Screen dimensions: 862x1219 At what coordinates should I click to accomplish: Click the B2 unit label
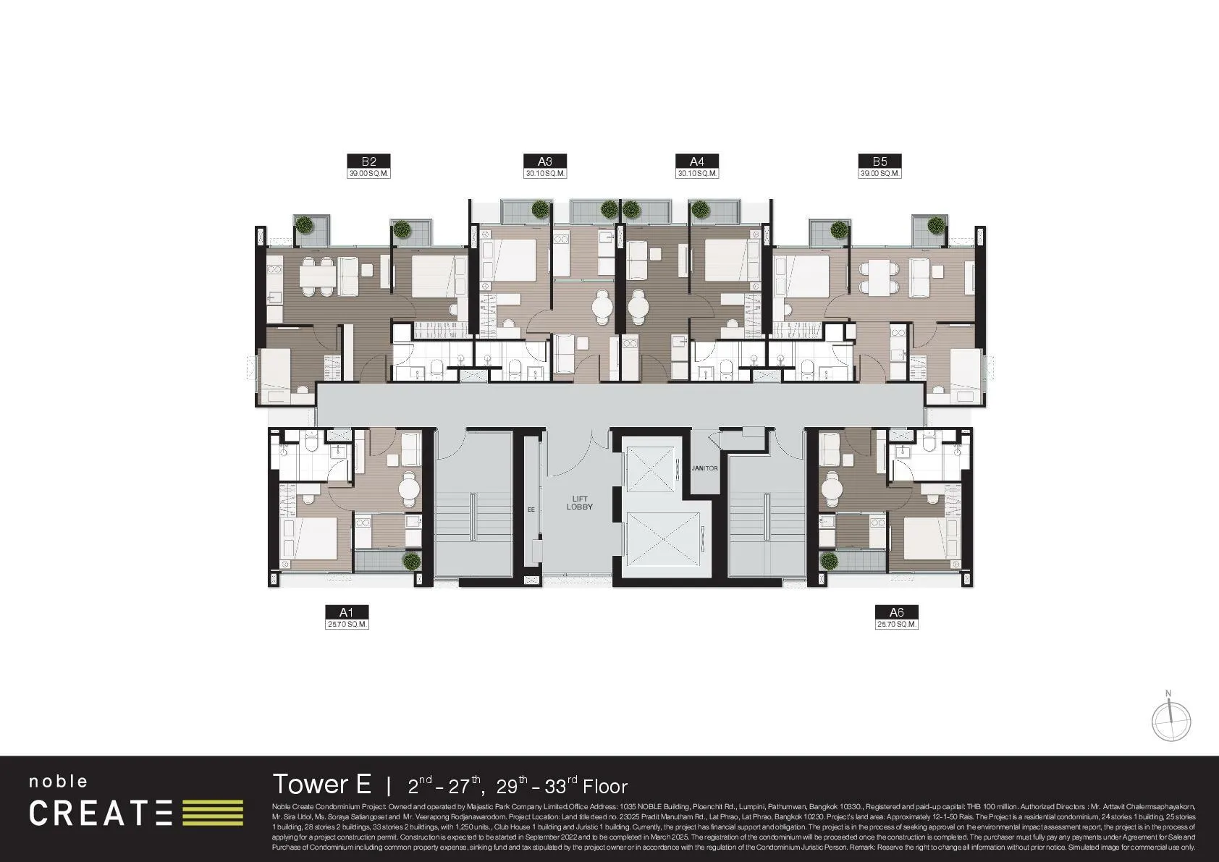368,161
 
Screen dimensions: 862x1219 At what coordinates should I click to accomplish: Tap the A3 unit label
546,161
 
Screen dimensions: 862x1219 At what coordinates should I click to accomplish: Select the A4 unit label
696,161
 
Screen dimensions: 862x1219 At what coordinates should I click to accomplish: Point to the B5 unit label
880,161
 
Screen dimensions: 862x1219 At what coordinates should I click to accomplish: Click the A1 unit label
347,612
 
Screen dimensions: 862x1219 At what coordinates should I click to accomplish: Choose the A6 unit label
896,612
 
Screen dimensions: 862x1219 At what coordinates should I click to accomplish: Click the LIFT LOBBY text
579,502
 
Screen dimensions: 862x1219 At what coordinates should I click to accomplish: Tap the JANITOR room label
704,468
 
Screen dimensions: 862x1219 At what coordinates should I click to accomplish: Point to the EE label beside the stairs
531,510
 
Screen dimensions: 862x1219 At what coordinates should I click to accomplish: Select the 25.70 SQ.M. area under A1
347,624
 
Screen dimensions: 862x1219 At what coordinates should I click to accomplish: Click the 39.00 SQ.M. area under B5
880,174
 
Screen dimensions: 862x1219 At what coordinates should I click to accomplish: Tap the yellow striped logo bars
213,813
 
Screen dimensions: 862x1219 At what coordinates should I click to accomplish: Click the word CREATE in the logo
101,813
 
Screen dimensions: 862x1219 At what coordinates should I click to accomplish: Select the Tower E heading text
321,785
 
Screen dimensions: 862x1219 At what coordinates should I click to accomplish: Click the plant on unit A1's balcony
411,562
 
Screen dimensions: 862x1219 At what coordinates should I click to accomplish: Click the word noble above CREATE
58,782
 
